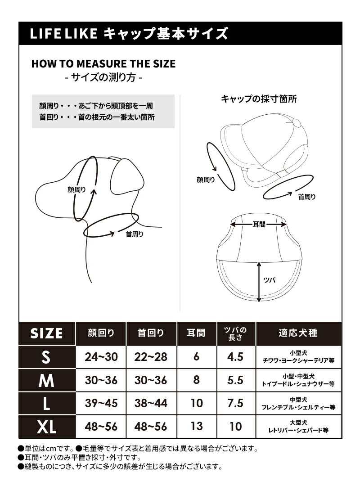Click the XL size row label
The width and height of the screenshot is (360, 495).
coord(46,427)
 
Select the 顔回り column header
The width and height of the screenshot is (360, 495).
coord(101,333)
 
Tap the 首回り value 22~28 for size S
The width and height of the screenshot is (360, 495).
coord(151,357)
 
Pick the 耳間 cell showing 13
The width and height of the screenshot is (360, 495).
coord(197,426)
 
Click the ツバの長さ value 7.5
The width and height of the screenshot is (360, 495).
coord(235,403)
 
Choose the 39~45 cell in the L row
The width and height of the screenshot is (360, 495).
coord(101,403)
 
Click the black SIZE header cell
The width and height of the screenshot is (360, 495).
coord(46,333)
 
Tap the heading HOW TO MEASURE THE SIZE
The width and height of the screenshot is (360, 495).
coord(103,64)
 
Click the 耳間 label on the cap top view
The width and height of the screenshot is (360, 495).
coord(259,224)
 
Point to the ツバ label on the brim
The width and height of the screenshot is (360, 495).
coord(269,279)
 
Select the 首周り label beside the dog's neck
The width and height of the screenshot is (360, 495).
coord(135,234)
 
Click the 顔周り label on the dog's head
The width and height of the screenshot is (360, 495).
coord(76,189)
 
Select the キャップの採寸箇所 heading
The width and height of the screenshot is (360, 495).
coord(258,99)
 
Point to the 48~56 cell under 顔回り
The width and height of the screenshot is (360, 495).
coord(101,427)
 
